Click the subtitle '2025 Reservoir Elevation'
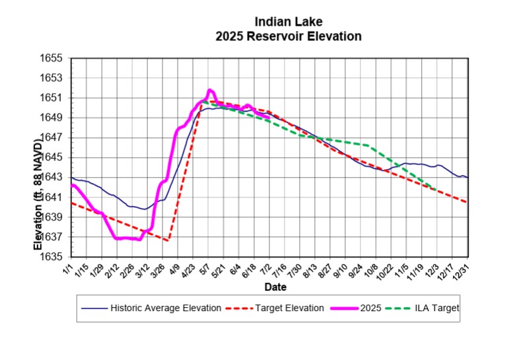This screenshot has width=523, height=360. point(288,36)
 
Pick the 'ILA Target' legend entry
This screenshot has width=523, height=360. point(438,308)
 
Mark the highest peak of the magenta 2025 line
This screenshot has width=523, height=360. point(210,90)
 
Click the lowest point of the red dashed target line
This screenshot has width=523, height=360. point(168,240)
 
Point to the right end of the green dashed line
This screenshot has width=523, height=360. point(433,188)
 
